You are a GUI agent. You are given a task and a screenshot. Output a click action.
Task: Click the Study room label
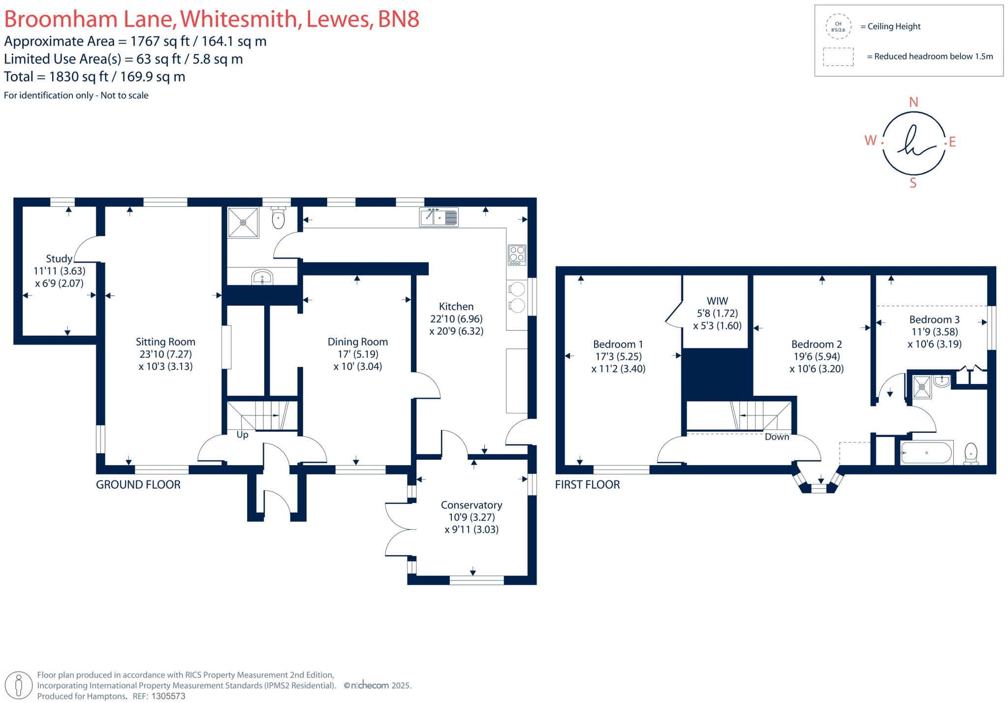coord(59,258)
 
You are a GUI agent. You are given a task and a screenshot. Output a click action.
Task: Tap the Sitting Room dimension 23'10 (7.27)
coord(165,354)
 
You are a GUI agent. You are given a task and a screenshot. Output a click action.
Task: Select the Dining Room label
coord(358,342)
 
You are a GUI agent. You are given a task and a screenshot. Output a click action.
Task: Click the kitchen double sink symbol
coord(439,217)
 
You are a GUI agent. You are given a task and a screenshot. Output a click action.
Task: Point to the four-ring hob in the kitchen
coord(517,255)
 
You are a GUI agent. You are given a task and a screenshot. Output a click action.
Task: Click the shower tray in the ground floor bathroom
coord(243,223)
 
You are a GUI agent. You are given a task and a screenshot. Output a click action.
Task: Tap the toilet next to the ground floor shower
coord(278,219)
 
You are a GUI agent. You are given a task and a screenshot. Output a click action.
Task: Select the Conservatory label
coord(472,505)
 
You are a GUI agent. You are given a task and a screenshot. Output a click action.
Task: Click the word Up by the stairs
coord(243,435)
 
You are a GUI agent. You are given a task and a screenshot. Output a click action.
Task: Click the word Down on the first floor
coord(777,437)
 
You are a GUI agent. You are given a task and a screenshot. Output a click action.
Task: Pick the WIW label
coord(717,301)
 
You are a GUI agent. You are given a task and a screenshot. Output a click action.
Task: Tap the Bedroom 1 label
coord(618,344)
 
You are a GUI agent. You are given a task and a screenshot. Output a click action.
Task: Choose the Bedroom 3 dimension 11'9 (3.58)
coord(934,332)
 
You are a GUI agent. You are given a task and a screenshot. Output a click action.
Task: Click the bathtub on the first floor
coord(927,452)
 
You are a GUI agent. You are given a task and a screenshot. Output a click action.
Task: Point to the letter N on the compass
coord(913,102)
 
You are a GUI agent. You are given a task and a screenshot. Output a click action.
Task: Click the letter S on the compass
coord(913,183)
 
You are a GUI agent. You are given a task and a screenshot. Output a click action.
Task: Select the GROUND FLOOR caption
coord(138,484)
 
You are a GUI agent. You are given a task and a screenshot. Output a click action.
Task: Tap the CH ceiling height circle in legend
coord(838,27)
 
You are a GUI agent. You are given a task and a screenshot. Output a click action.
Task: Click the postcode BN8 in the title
coord(399,19)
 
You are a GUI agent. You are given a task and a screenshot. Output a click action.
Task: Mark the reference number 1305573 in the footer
coord(168,696)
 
